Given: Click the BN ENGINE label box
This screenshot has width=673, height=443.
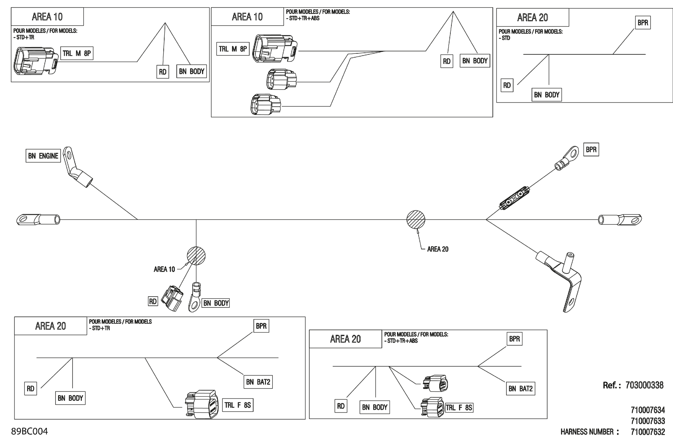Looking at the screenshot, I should coord(43,156).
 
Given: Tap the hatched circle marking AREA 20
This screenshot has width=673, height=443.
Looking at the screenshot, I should coord(416,219).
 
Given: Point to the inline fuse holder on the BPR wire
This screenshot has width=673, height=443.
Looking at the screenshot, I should coord(514,198).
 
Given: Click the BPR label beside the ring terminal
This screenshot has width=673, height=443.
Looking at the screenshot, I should coord(591,150).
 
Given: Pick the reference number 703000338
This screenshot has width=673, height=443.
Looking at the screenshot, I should coord(644,385).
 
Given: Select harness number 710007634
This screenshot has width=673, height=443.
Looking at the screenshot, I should coord(648,410).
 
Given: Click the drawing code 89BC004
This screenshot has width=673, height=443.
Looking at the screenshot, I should coord(29,431).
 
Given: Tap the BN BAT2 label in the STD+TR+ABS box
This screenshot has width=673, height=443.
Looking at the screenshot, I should coord(520,389).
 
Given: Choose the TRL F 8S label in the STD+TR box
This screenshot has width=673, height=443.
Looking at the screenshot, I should coord(238,405).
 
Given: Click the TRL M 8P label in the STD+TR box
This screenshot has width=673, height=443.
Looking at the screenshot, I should coord(77,53).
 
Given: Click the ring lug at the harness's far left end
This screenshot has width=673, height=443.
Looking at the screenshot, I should coord(38,220).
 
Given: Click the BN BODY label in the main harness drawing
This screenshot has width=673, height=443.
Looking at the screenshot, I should coord(216,303).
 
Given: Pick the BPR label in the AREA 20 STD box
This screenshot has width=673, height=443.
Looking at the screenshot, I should coord(642,23).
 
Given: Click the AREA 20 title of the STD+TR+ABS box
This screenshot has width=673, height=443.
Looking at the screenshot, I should coord(345,339).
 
